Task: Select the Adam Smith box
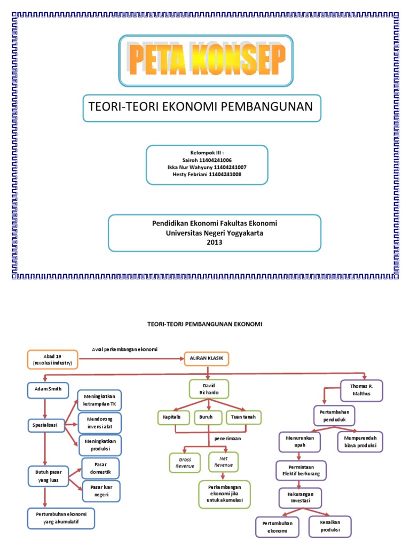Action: click(45, 390)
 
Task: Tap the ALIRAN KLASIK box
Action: click(206, 358)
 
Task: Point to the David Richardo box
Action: click(209, 388)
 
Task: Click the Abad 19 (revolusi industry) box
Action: click(52, 359)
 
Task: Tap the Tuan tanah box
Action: click(243, 417)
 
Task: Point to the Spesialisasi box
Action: click(45, 426)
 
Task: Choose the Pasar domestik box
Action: click(100, 468)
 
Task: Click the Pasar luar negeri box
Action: click(100, 491)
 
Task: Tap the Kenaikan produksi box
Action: click(330, 526)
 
